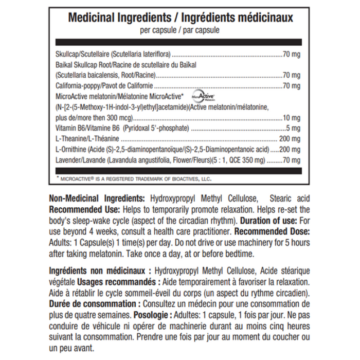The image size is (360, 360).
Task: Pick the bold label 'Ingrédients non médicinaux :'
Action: tap(98, 271)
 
